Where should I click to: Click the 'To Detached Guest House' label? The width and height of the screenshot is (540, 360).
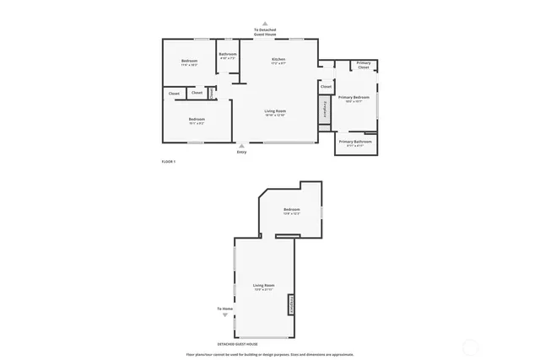265,31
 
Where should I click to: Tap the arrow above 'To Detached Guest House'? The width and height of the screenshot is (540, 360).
265,24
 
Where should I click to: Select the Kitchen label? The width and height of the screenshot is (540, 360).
278,59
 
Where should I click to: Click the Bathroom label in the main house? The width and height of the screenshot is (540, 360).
228,54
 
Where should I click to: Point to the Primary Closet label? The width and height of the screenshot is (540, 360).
363,65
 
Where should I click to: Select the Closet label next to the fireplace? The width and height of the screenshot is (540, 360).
326,86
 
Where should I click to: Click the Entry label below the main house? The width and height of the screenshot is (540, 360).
242,152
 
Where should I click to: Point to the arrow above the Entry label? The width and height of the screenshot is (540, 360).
242,145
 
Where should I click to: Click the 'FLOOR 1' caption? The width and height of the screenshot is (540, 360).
169,161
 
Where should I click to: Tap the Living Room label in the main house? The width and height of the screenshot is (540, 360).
275,111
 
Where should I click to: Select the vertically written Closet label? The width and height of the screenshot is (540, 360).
211,93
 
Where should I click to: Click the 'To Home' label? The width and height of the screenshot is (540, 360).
224,309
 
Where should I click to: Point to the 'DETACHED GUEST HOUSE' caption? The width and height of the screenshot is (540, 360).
237,344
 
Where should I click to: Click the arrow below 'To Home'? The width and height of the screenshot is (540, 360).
224,316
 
